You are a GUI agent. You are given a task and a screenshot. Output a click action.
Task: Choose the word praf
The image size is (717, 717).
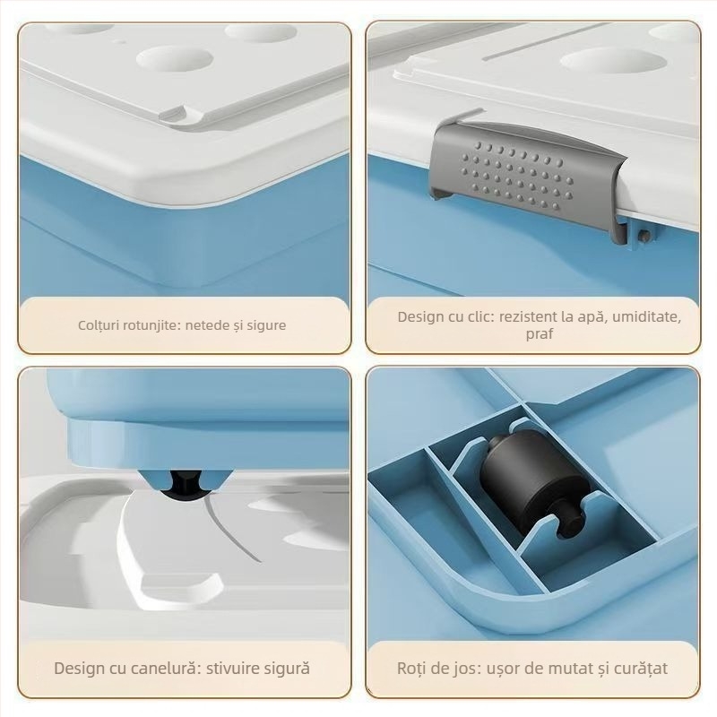[540, 334]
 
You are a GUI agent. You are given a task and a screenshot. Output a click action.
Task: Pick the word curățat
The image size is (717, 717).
[638, 669]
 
